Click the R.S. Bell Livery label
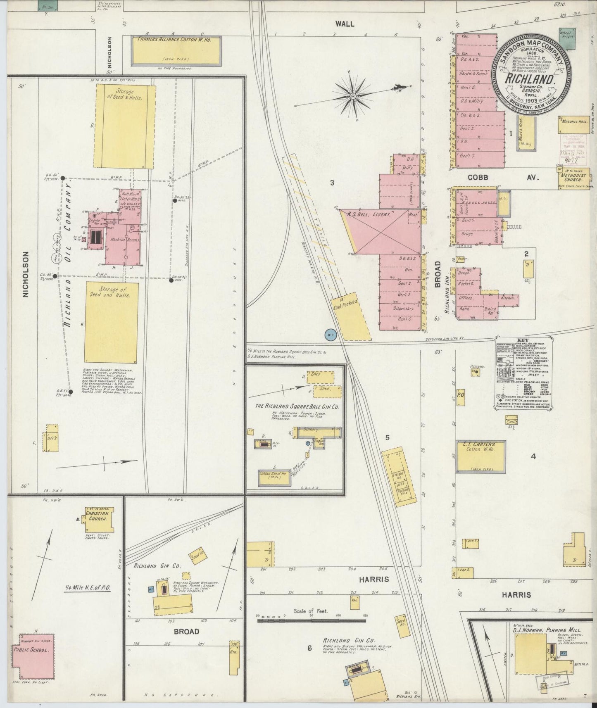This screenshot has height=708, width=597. tap(372, 214)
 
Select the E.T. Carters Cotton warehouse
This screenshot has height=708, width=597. tap(481, 456)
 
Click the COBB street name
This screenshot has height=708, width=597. tap(478, 177)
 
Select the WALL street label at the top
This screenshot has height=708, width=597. tap(345, 24)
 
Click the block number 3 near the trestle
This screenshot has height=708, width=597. tap(332, 183)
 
